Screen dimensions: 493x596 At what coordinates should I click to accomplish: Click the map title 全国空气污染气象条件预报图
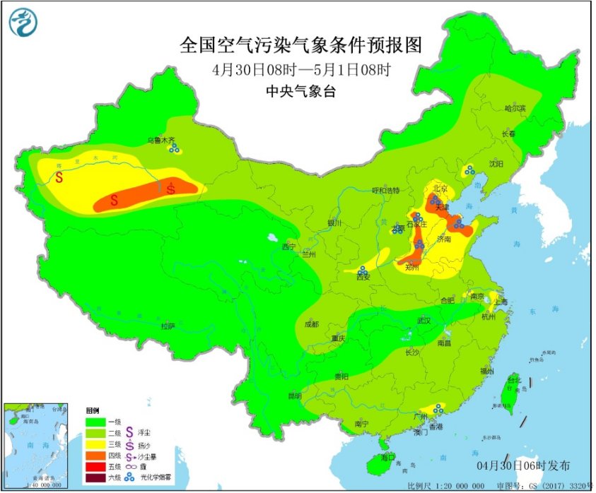tap(300, 45)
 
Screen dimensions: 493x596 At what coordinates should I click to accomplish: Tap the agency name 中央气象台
tap(300, 90)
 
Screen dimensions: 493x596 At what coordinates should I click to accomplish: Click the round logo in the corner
tap(23, 23)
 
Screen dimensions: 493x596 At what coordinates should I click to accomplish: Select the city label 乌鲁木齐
tap(160, 141)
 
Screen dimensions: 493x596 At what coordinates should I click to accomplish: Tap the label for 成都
tap(311, 324)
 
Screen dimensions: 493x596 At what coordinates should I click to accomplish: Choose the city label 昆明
tap(294, 396)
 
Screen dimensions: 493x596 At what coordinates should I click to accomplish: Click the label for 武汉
tap(423, 320)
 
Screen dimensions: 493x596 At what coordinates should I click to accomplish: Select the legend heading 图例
tap(93, 410)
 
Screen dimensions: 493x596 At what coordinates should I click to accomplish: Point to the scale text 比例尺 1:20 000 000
tap(446, 486)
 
